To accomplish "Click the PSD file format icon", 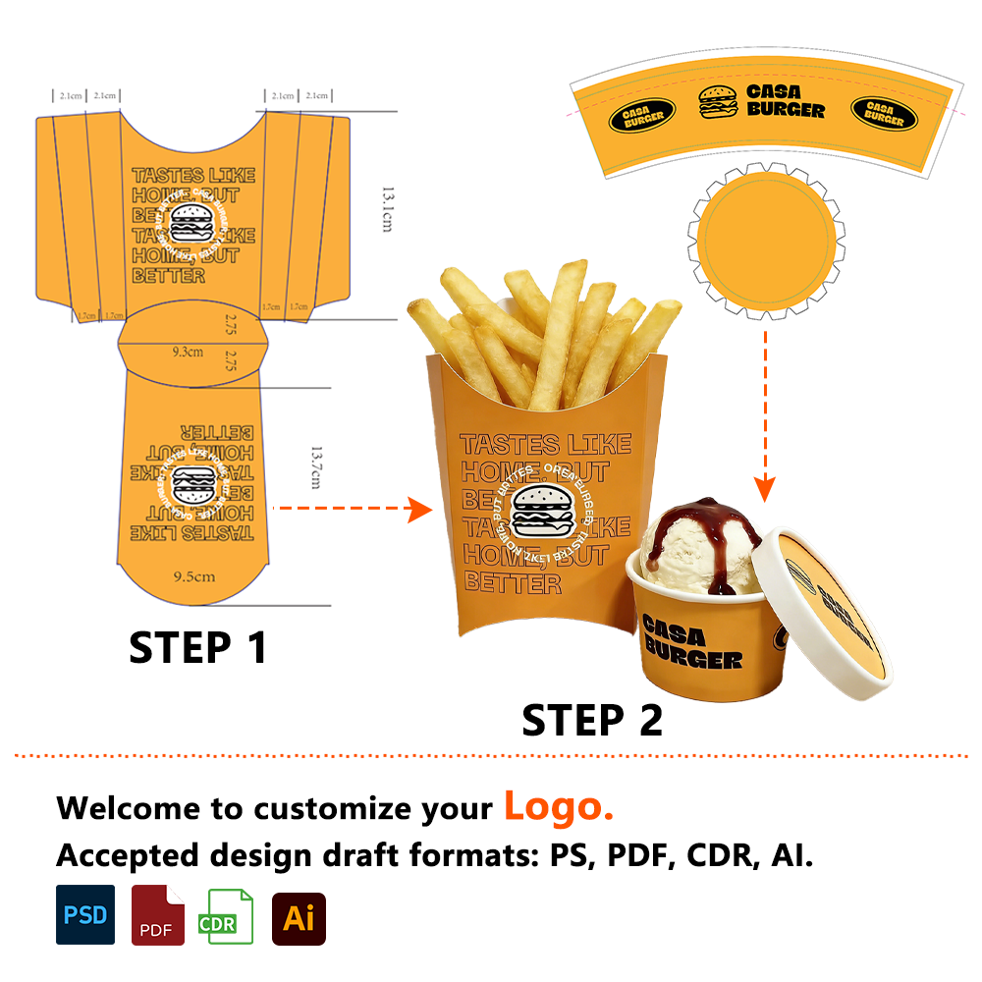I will click(x=85, y=914).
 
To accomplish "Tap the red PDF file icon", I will click(x=157, y=915).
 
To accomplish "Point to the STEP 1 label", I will click(x=198, y=648).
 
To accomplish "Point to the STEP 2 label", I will click(x=592, y=721).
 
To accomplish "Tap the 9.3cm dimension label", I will click(x=188, y=351).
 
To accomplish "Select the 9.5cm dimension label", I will click(x=193, y=576).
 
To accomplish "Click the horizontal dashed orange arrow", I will click(x=352, y=509).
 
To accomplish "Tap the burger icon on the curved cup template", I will click(x=718, y=102).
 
